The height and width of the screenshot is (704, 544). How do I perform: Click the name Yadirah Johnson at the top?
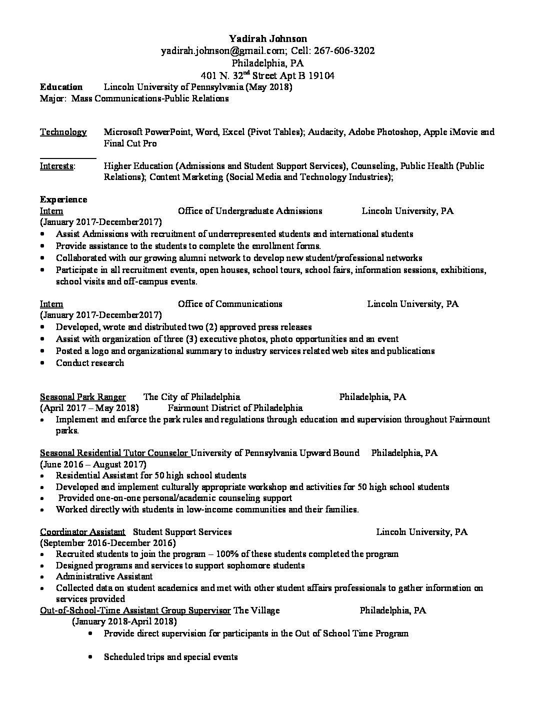pos(268,38)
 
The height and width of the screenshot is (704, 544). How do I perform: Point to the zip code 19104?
pos(322,75)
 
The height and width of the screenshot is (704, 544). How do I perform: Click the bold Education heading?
pos(61,87)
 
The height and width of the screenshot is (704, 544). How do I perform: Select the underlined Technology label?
pos(63,132)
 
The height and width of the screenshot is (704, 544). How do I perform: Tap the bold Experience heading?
pos(63,199)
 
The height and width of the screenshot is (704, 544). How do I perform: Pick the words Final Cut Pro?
pos(130,143)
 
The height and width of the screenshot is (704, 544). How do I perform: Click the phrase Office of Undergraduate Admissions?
pos(250,211)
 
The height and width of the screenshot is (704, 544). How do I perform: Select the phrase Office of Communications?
pos(230,304)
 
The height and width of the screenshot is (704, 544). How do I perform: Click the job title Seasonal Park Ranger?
pos(82,397)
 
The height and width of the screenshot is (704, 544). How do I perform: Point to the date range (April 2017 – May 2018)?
pos(89,408)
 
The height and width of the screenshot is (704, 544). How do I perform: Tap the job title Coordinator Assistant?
pos(82,531)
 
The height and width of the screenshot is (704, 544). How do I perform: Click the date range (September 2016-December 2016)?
pos(107,542)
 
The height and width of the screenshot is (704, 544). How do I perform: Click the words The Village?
pos(256,610)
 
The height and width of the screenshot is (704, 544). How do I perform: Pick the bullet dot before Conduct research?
pos(44,363)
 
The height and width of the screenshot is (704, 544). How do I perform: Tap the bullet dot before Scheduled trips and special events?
pos(90,657)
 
